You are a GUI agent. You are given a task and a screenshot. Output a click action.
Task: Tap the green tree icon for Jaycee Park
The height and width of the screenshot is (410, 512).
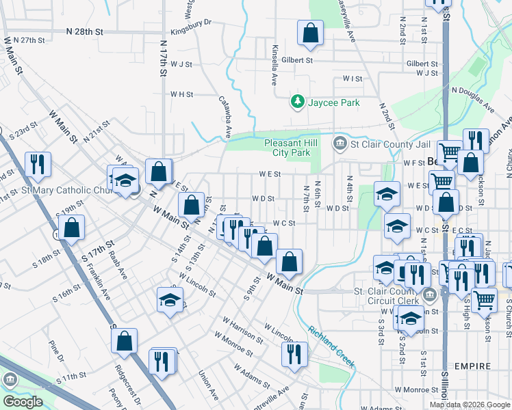297,102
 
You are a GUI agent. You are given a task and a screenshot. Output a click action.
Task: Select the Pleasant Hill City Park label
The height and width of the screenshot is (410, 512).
291,148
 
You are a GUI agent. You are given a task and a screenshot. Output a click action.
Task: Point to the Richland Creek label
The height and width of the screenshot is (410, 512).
331,346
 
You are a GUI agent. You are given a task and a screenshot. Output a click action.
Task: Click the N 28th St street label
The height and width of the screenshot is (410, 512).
85,31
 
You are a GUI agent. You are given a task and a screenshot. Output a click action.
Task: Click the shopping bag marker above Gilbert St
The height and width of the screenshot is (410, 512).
310,33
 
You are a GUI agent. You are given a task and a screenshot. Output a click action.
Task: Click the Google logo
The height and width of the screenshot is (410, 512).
22,402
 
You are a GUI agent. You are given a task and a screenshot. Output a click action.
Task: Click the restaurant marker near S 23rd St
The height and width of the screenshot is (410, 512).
38,164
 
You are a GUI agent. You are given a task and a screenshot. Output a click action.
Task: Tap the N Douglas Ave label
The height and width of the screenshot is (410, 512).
472,99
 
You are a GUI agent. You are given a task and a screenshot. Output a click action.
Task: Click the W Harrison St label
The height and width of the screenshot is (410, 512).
242,329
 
